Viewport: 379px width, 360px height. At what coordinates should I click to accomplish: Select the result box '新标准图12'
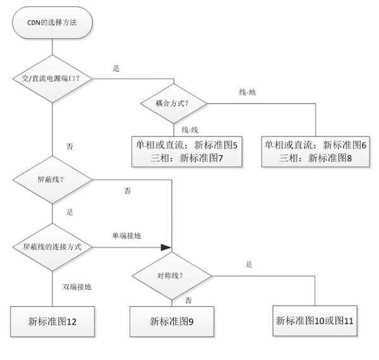[52, 321]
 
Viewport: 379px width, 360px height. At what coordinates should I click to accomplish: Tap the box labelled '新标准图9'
[172, 321]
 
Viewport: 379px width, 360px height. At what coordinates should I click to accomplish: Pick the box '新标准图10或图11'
[315, 320]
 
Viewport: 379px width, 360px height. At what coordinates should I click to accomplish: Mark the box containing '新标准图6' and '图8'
[314, 151]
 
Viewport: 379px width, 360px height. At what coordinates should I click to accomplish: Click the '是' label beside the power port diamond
[116, 68]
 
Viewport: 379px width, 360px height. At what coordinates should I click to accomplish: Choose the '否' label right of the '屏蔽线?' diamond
[128, 190]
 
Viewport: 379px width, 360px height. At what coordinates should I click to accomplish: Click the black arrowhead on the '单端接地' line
[167, 247]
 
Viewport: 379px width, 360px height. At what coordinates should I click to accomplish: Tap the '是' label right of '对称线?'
[249, 264]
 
